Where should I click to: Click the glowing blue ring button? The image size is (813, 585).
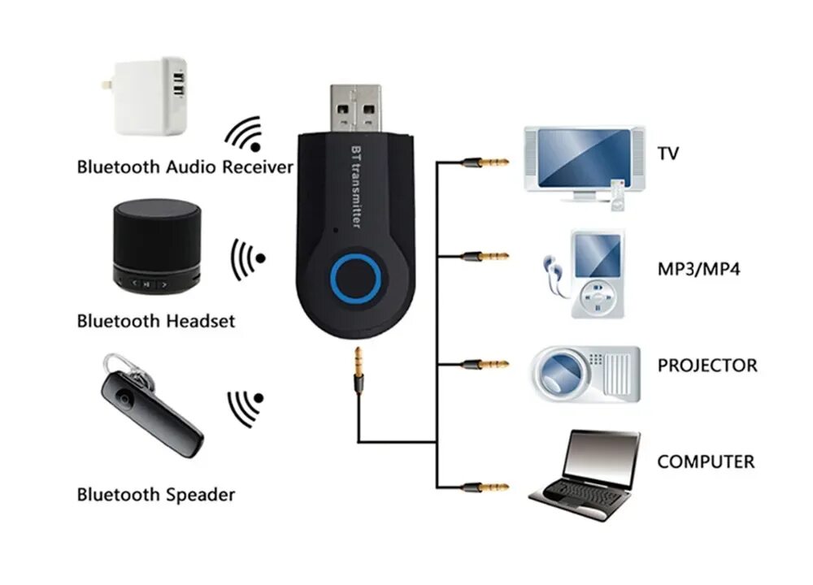(x=357, y=279)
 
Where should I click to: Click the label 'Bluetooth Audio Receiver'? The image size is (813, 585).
(x=185, y=167)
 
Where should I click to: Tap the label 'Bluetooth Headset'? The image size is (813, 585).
(x=155, y=321)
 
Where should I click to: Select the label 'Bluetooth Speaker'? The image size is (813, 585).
(x=155, y=494)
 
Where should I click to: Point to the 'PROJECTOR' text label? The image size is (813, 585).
(x=706, y=366)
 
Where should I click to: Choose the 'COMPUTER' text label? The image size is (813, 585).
(x=706, y=462)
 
